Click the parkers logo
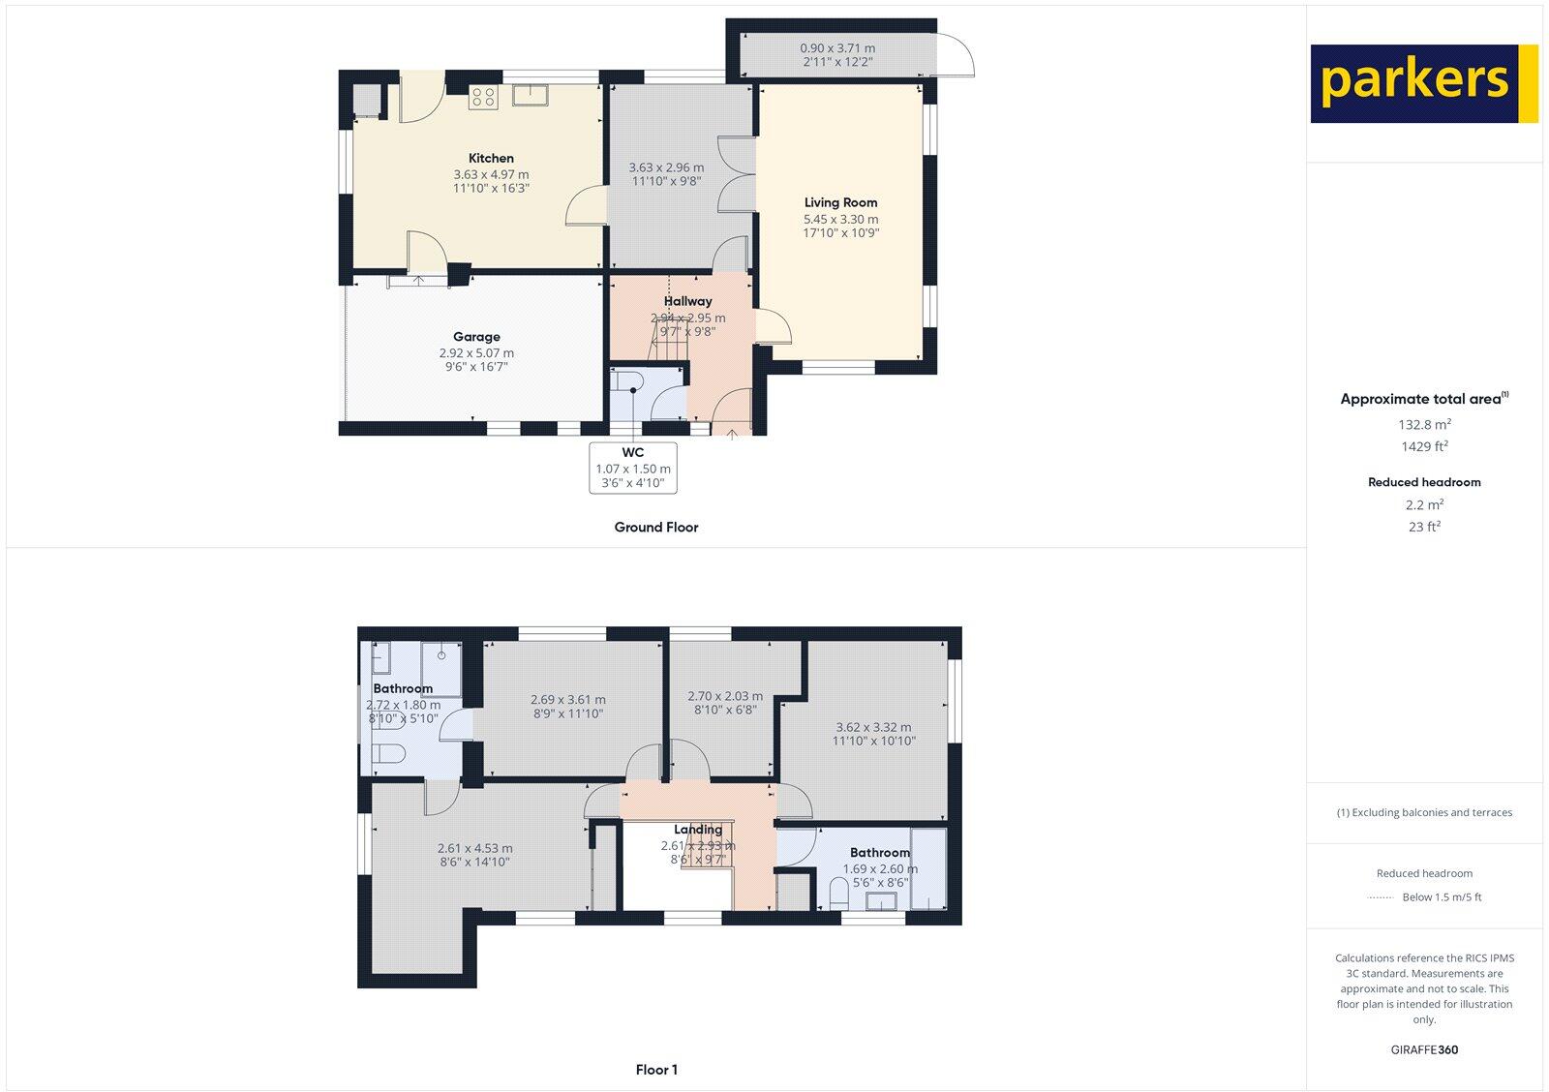pos(1423,83)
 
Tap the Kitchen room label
pos(491,159)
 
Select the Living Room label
pos(840,203)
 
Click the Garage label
pos(476,338)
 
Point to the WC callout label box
pos(633,468)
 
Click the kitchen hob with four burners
pos(483,96)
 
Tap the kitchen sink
pos(531,94)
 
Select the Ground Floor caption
pos(655,528)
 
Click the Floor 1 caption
pos(656,1070)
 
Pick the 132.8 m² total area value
pos(1424,424)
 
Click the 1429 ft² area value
pos(1424,447)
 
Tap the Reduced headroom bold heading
pos(1424,482)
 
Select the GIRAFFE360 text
pos(1424,1049)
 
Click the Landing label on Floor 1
pos(698,830)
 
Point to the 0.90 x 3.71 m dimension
pos(837,48)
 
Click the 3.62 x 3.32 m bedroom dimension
pos(874,727)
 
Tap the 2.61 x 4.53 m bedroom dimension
pos(475,848)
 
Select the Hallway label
pos(687,301)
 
